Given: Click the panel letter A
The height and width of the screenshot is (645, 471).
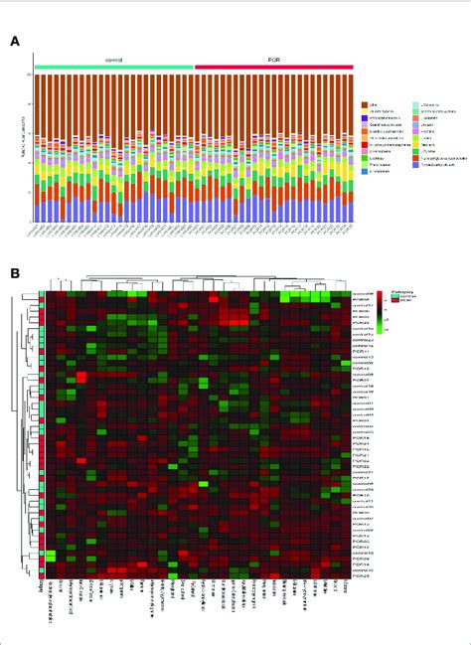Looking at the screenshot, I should [x=15, y=41].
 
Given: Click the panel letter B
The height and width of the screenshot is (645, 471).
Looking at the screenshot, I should [x=15, y=271].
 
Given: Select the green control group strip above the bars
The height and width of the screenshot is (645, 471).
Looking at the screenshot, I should [x=114, y=67].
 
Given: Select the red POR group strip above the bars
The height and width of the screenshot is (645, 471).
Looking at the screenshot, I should [x=273, y=67].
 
